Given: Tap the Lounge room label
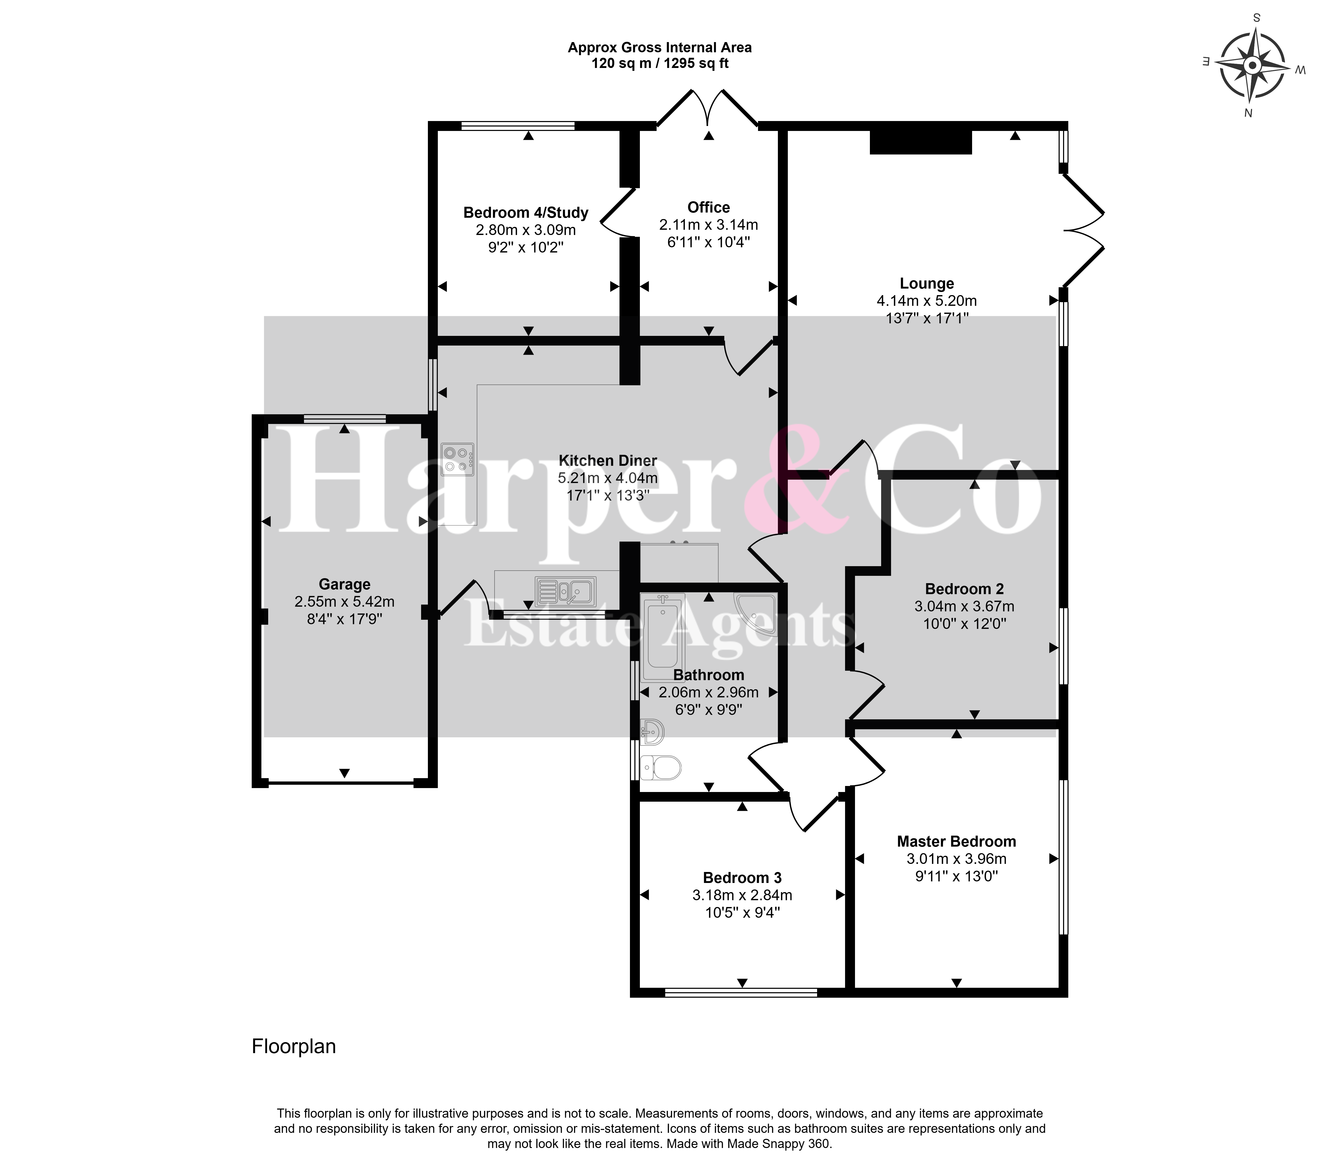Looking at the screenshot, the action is click(x=927, y=284).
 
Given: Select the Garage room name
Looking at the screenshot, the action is click(x=344, y=584).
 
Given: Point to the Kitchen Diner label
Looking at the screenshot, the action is click(x=608, y=461).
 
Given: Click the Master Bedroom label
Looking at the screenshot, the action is click(x=956, y=842).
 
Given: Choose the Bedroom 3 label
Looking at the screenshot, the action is click(x=742, y=878).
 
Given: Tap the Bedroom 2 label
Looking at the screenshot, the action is click(x=964, y=589).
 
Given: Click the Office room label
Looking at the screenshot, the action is click(x=708, y=207).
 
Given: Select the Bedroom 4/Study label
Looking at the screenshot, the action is click(x=526, y=213).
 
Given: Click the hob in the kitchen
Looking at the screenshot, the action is click(x=458, y=459).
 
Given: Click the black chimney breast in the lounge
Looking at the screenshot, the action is click(x=921, y=141).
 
